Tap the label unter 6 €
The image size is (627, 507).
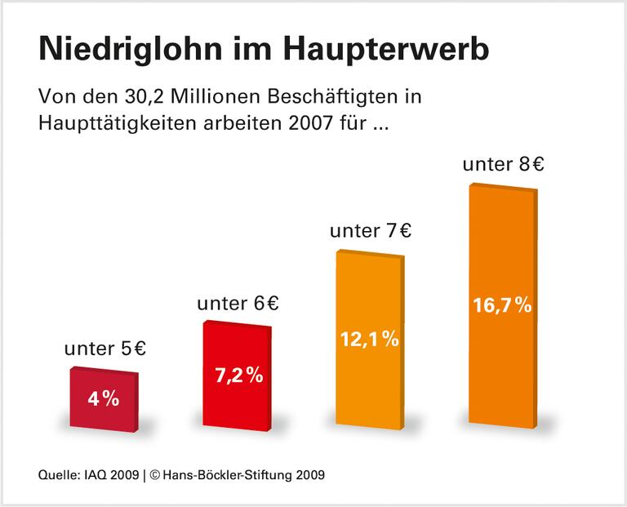[238, 304]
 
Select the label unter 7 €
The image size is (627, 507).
[370, 230]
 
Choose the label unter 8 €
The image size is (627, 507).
[503, 164]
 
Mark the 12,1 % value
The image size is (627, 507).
[370, 339]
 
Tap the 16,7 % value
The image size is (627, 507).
[502, 305]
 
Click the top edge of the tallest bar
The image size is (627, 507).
[503, 187]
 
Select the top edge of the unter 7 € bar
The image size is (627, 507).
[370, 253]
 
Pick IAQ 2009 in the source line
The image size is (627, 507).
[110, 474]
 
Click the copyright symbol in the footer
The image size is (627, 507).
[156, 474]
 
